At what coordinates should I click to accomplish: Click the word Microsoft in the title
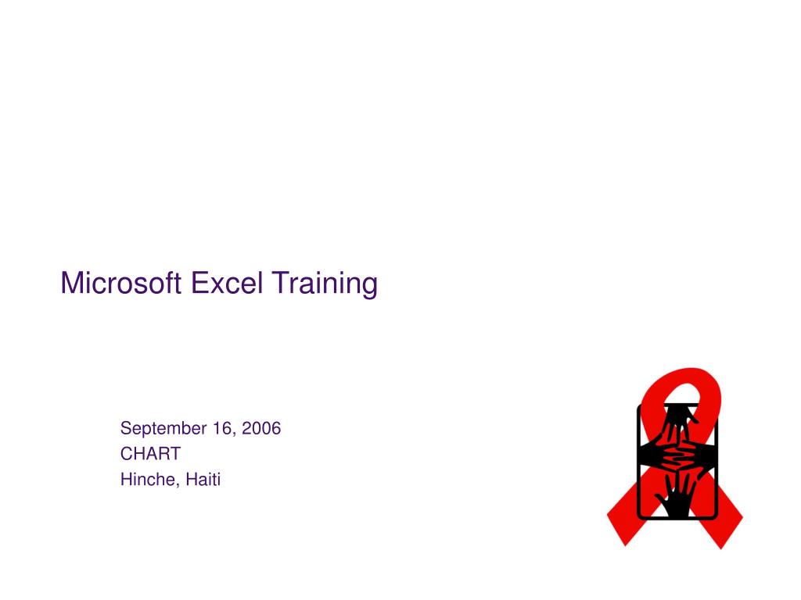click(x=121, y=283)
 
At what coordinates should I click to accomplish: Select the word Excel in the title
click(x=226, y=283)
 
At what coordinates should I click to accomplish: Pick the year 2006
click(x=261, y=428)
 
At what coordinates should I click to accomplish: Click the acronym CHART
click(x=150, y=454)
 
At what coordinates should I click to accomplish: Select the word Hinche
click(x=148, y=480)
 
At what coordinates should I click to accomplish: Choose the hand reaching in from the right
click(x=699, y=455)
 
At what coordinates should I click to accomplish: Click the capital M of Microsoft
click(x=71, y=283)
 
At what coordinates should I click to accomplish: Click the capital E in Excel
click(x=198, y=283)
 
